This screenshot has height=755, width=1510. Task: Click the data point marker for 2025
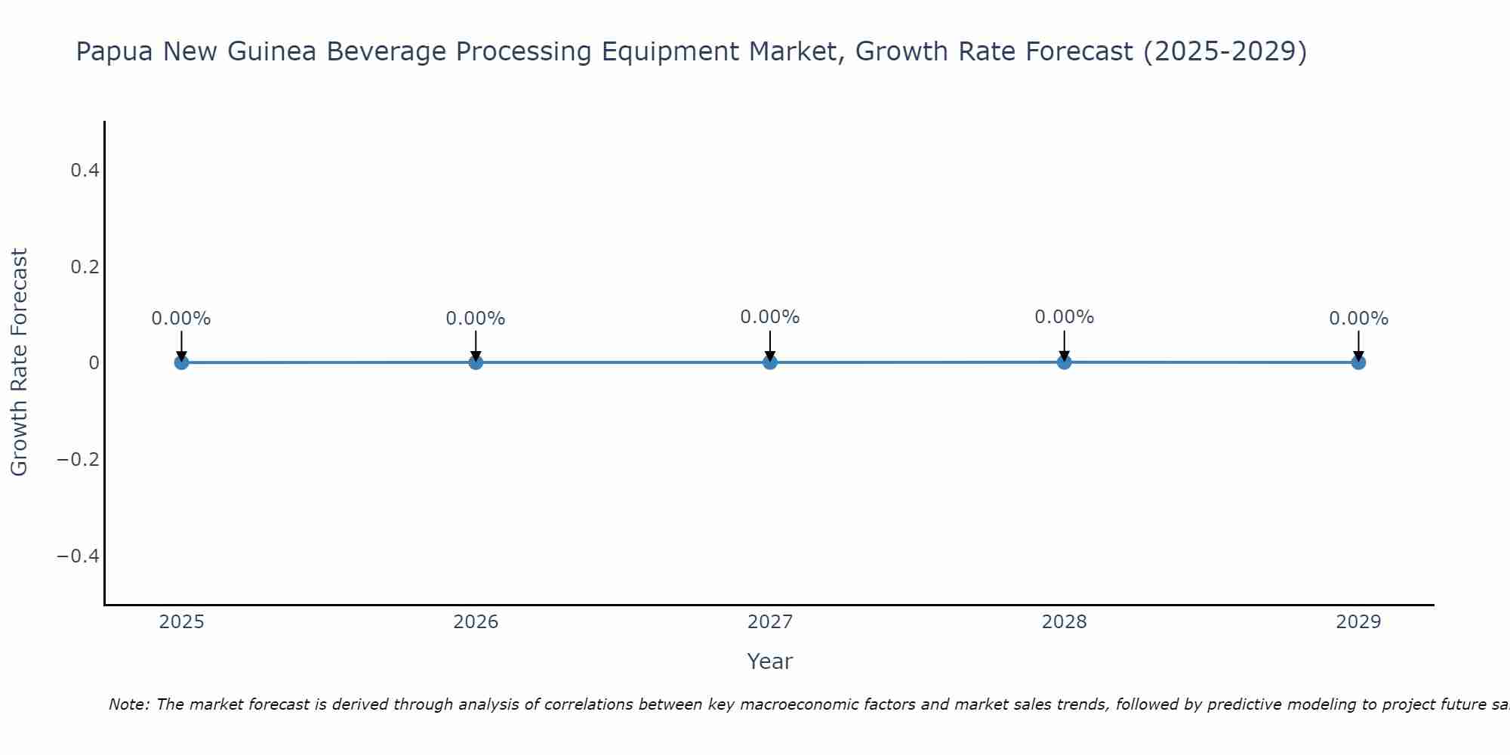[x=181, y=362]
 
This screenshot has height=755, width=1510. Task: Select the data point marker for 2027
[x=770, y=362]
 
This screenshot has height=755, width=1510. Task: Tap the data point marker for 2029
[x=1358, y=362]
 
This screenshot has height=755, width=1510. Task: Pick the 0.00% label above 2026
[x=476, y=319]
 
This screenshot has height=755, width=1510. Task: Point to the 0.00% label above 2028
[x=1064, y=317]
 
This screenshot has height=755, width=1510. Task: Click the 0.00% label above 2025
[x=181, y=319]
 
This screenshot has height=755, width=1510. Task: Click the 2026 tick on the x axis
[x=476, y=622]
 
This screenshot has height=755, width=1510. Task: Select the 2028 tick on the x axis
[x=1064, y=622]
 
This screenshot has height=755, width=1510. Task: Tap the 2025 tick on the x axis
[x=181, y=622]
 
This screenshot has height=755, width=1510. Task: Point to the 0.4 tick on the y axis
[x=85, y=171]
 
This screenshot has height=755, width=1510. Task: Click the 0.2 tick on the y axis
[x=85, y=267]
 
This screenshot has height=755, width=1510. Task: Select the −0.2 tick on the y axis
[x=79, y=460]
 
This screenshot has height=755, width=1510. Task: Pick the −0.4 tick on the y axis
[x=79, y=556]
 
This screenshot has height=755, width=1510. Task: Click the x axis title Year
[x=769, y=661]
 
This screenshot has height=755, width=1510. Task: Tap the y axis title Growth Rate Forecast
[x=19, y=362]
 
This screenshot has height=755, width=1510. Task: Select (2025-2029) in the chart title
[x=1225, y=52]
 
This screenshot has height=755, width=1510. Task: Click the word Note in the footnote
[x=129, y=704]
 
